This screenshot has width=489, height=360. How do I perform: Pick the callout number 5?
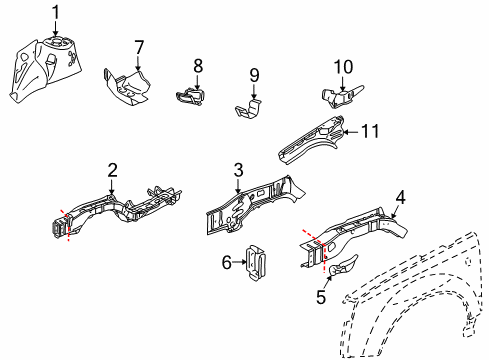320,296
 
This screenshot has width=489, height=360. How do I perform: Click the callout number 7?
139,47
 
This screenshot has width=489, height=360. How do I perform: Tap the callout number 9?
254,74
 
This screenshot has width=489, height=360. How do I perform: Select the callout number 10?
343,67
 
